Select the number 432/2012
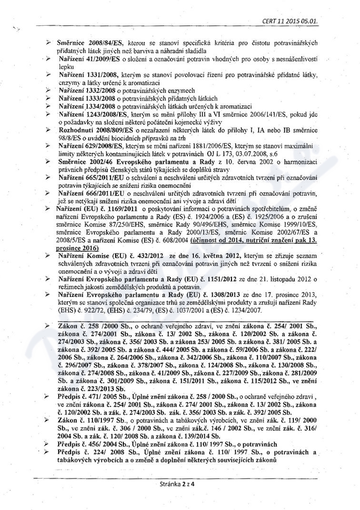click(x=144, y=256)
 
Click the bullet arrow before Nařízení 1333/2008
click(x=49, y=98)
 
